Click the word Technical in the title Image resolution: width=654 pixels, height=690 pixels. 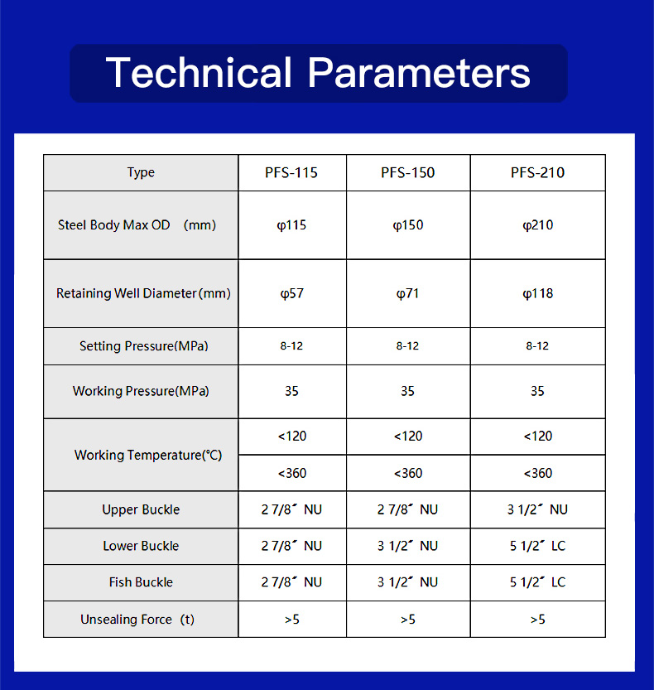[x=199, y=73]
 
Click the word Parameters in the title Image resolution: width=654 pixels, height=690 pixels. [x=419, y=73]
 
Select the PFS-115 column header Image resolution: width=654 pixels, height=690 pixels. [x=291, y=172]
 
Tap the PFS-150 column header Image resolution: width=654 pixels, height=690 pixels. [x=407, y=172]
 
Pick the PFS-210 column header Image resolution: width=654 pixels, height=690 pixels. [x=537, y=172]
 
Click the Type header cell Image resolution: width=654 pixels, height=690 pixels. [x=141, y=172]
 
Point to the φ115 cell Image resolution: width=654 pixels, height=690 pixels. [x=291, y=225]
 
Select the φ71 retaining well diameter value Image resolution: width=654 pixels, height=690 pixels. [x=407, y=293]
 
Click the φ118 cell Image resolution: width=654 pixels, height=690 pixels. [x=537, y=293]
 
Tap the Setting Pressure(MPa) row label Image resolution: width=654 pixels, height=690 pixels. [x=144, y=346]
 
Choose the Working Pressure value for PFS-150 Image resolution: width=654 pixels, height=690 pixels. [x=407, y=391]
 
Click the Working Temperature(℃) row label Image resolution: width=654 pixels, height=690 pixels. [x=148, y=455]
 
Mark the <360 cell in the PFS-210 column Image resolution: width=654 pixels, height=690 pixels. [x=537, y=473]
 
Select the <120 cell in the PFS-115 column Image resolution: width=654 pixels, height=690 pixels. [x=292, y=436]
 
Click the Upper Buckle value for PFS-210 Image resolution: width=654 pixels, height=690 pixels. [x=537, y=509]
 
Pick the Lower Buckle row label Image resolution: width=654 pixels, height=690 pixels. [x=141, y=546]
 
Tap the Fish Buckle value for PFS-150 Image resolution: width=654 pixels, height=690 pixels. [x=407, y=582]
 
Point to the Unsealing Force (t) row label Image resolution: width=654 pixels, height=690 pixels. [x=137, y=620]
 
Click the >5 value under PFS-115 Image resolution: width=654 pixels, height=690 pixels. [x=292, y=620]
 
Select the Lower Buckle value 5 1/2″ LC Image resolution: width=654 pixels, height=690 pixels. [x=537, y=546]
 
